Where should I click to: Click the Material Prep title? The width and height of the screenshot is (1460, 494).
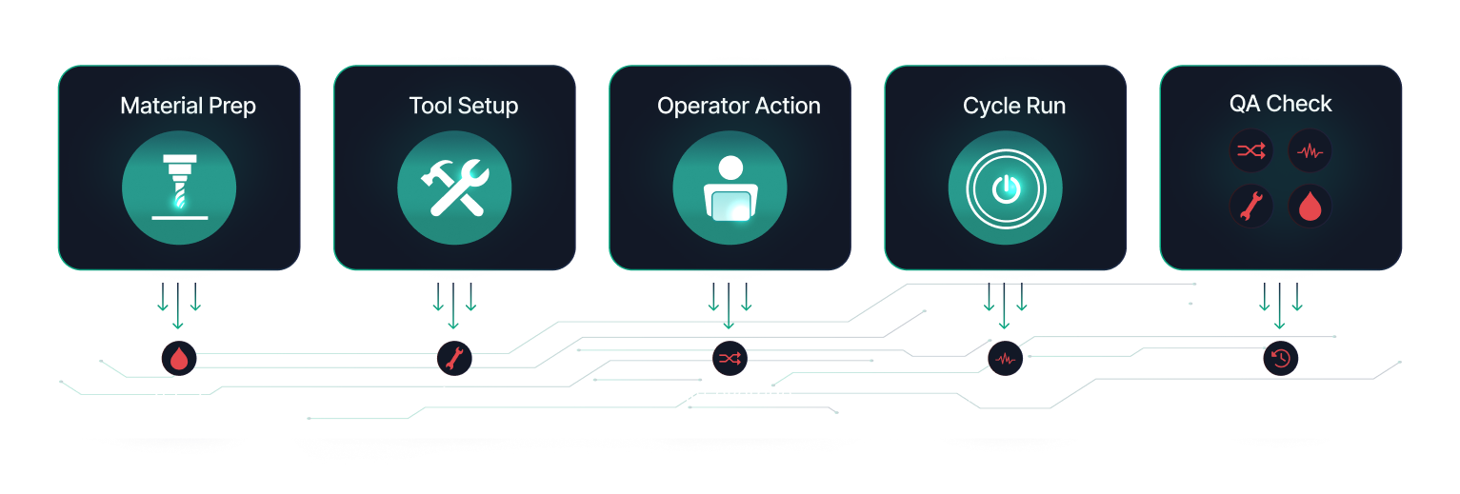(x=188, y=106)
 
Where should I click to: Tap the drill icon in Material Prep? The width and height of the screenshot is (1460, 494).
(x=178, y=187)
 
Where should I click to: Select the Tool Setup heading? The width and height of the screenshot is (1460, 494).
(x=463, y=106)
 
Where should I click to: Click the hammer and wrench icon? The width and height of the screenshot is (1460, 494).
(x=454, y=187)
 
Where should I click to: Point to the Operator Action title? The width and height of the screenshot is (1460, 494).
(x=738, y=106)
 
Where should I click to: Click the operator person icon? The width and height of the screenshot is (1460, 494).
(x=730, y=187)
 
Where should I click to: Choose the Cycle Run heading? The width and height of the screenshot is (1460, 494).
(x=1013, y=106)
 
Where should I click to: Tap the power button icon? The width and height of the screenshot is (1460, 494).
(x=1005, y=188)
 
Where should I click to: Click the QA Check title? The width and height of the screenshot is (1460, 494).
(x=1280, y=104)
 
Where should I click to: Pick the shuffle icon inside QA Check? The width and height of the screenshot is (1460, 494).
(x=1250, y=150)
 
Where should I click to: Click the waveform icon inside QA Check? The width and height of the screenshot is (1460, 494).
(x=1310, y=150)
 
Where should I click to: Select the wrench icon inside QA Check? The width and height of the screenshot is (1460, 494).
(x=1250, y=206)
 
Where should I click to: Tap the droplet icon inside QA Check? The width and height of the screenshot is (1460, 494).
(x=1310, y=206)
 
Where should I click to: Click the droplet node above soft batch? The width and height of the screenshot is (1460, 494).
(x=178, y=358)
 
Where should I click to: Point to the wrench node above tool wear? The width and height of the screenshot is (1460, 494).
(x=454, y=358)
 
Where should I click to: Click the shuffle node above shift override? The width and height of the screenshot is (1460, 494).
(x=730, y=358)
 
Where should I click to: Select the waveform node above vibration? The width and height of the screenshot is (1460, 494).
(x=1005, y=358)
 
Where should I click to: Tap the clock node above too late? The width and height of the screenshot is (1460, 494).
(x=1280, y=358)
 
